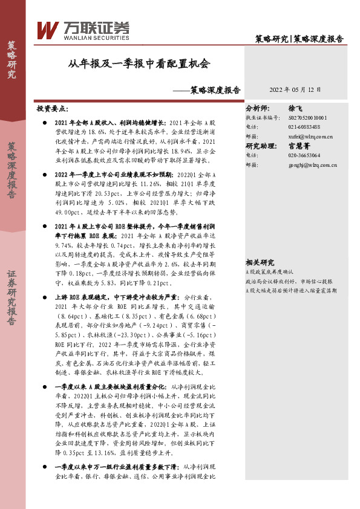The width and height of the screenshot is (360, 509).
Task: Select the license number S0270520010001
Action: click(x=308, y=117)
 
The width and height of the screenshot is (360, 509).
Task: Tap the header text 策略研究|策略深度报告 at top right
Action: click(x=299, y=39)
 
